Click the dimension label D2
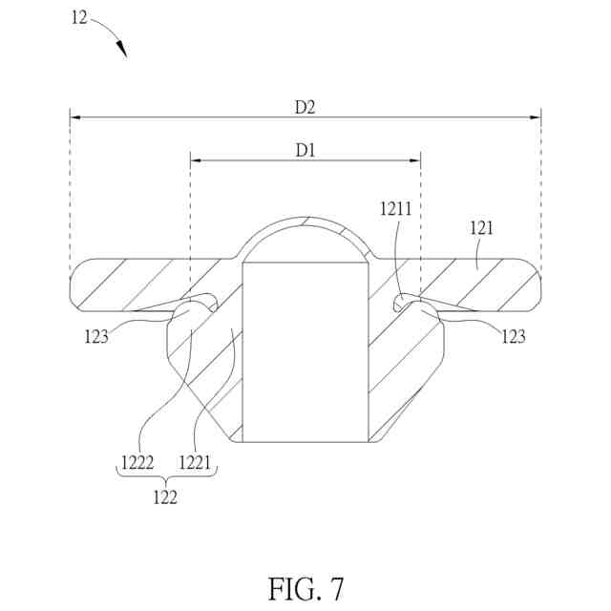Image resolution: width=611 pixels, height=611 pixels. pyautogui.click(x=305, y=107)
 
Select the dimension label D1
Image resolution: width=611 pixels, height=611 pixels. pyautogui.click(x=305, y=150)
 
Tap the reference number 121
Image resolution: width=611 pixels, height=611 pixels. pyautogui.click(x=483, y=228)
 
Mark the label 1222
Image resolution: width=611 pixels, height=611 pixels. pyautogui.click(x=137, y=463)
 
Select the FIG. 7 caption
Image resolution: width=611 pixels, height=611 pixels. pyautogui.click(x=305, y=587)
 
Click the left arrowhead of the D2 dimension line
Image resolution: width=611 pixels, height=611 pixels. pyautogui.click(x=74, y=118)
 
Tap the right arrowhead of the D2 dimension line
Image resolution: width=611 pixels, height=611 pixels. pyautogui.click(x=537, y=118)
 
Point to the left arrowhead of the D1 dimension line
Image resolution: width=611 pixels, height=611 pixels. pyautogui.click(x=195, y=160)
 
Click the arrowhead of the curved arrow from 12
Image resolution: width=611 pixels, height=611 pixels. pyautogui.click(x=123, y=52)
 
